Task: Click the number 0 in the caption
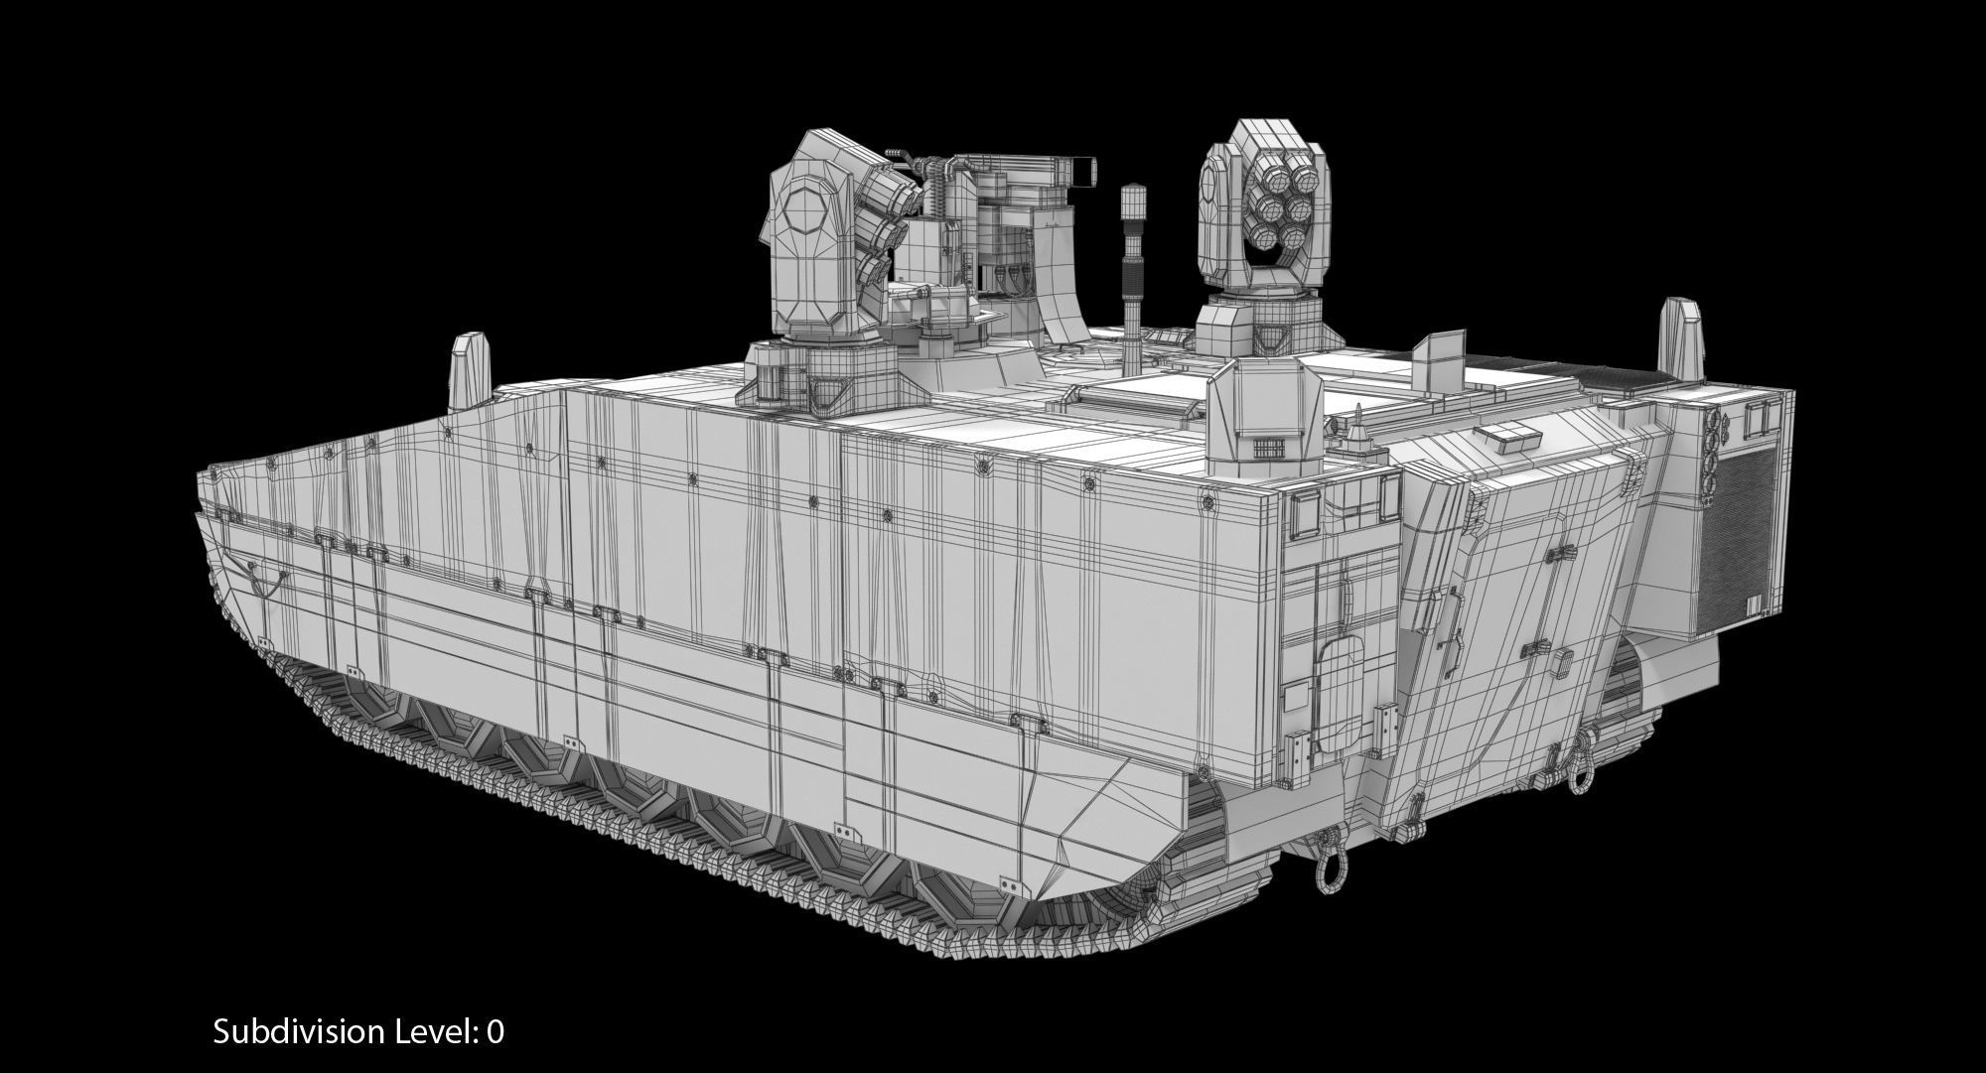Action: click(495, 1032)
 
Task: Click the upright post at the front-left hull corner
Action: click(465, 374)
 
